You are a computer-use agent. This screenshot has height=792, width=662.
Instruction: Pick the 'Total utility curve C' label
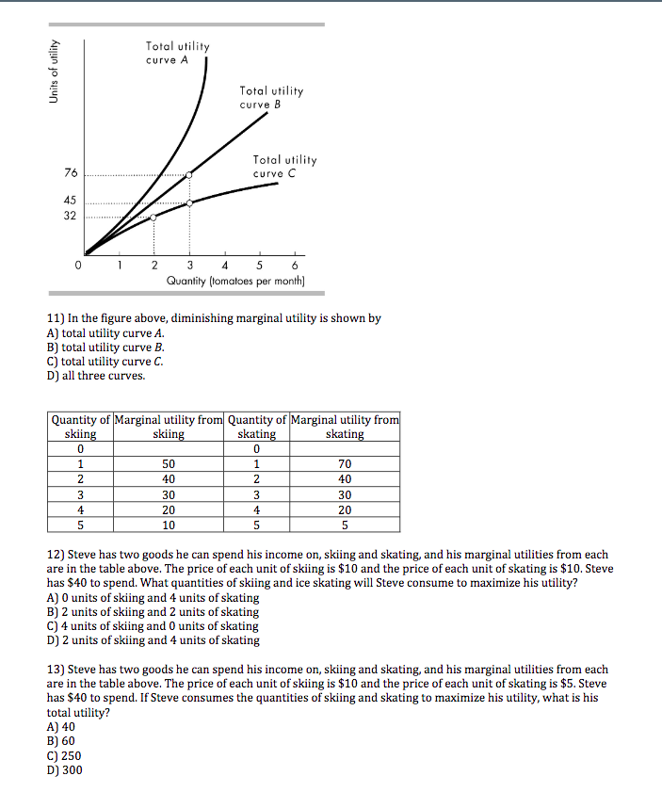(x=284, y=167)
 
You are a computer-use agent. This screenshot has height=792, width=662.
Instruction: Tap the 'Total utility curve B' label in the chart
(x=271, y=97)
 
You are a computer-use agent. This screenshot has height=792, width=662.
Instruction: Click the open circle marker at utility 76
(x=190, y=174)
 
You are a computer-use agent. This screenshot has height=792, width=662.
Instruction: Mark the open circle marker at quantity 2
(x=154, y=217)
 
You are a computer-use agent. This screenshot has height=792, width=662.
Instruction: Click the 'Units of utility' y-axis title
(x=55, y=72)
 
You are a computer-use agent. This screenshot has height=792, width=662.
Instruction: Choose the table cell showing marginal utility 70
(x=345, y=464)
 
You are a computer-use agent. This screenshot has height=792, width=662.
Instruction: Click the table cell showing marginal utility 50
(x=169, y=464)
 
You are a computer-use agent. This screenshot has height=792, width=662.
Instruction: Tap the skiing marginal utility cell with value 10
(x=169, y=525)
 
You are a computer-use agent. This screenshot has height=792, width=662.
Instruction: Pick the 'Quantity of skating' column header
(x=256, y=427)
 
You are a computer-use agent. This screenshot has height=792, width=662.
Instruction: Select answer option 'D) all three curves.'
(x=97, y=376)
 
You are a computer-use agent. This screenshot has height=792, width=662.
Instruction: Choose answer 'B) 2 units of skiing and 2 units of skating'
(x=153, y=611)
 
